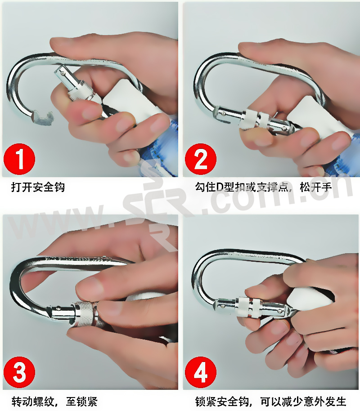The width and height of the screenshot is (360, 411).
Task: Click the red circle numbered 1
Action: pyautogui.click(x=19, y=159)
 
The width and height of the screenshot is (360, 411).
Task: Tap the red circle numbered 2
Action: pyautogui.click(x=201, y=159)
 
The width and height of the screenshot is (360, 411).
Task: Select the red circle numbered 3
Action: pyautogui.click(x=19, y=372)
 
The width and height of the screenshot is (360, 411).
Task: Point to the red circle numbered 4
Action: pyautogui.click(x=201, y=372)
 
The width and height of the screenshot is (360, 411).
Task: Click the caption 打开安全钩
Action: pyautogui.click(x=38, y=188)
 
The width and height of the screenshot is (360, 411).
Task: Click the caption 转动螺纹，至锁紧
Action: pyautogui.click(x=54, y=401)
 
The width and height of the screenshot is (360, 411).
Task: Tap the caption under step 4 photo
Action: pyautogui.click(x=270, y=401)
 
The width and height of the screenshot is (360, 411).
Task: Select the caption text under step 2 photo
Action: pyautogui.click(x=263, y=188)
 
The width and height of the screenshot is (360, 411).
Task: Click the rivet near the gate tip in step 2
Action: pyautogui.click(x=223, y=114)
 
